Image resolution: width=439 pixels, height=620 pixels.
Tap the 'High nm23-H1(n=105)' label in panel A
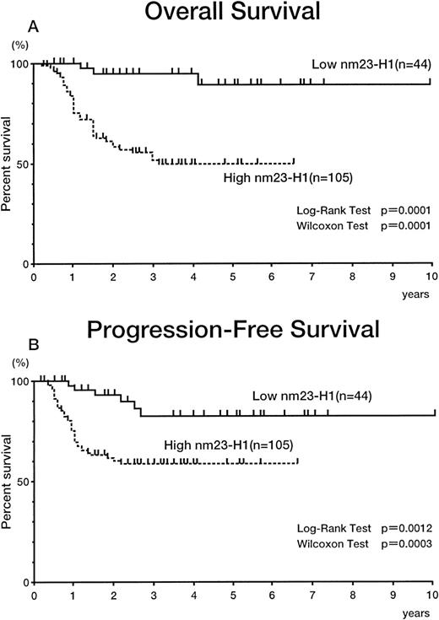coord(275,176)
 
